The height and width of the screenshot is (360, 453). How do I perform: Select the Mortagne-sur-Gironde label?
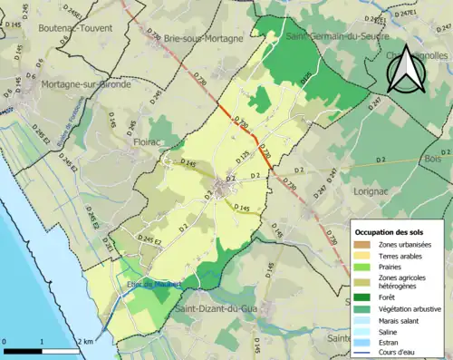(87, 84)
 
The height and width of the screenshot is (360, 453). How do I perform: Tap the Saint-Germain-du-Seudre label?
(325, 37)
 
